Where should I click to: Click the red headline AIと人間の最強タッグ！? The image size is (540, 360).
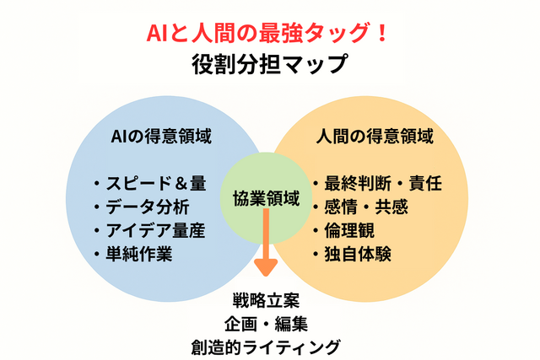267,33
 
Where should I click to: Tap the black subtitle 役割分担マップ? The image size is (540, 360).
270,64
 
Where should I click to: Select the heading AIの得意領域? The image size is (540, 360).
161,136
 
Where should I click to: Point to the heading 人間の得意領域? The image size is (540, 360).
375,136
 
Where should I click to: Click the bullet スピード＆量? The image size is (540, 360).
155,183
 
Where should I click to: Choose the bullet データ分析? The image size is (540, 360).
147,207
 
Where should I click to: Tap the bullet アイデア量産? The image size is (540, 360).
155,230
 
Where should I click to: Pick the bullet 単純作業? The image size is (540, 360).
138,254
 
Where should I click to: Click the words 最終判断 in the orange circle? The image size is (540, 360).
358,183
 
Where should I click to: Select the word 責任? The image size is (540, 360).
425,183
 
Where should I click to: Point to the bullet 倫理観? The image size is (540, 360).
349,230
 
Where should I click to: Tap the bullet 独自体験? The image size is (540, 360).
358,254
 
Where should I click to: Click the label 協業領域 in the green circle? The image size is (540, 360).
267,199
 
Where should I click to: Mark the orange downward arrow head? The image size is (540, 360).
266,267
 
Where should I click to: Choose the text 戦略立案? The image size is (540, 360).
266,300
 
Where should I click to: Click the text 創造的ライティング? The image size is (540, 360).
266,347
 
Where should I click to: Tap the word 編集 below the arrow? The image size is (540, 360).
291,324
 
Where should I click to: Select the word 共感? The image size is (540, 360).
391,207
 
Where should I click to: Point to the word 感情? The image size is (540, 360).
341,207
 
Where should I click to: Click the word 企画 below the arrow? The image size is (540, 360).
240,324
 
